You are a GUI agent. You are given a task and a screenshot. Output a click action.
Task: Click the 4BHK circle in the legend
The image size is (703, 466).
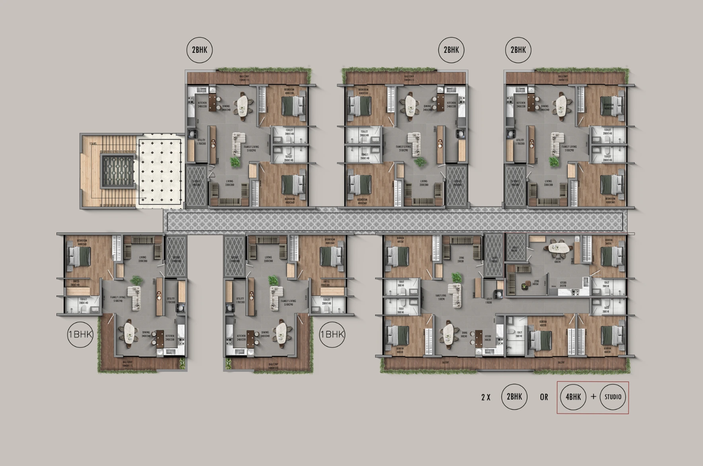[x=573, y=397]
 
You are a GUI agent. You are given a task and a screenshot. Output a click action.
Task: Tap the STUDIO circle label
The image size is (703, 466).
[x=613, y=397]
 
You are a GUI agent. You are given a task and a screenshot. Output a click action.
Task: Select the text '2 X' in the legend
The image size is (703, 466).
[x=486, y=397]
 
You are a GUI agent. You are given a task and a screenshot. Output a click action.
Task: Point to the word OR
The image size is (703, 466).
[x=544, y=397]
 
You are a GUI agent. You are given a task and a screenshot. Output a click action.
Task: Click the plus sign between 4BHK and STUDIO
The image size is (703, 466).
[x=593, y=397]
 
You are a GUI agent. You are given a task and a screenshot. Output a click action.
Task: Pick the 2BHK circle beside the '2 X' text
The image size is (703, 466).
[x=514, y=397]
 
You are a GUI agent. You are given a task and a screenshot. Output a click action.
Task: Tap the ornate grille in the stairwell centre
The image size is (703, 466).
[x=117, y=171]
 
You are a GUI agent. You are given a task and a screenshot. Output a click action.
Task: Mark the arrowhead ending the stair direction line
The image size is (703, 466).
[x=146, y=198]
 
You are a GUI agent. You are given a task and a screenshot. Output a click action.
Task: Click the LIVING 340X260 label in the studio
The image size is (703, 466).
[x=536, y=282]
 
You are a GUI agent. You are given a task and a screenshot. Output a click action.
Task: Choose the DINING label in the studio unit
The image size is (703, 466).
[x=558, y=260]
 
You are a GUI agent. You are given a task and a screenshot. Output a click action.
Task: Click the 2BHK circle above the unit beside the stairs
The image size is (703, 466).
[x=199, y=50]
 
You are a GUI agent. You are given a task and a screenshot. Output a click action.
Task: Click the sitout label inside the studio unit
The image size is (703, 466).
[x=514, y=250]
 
